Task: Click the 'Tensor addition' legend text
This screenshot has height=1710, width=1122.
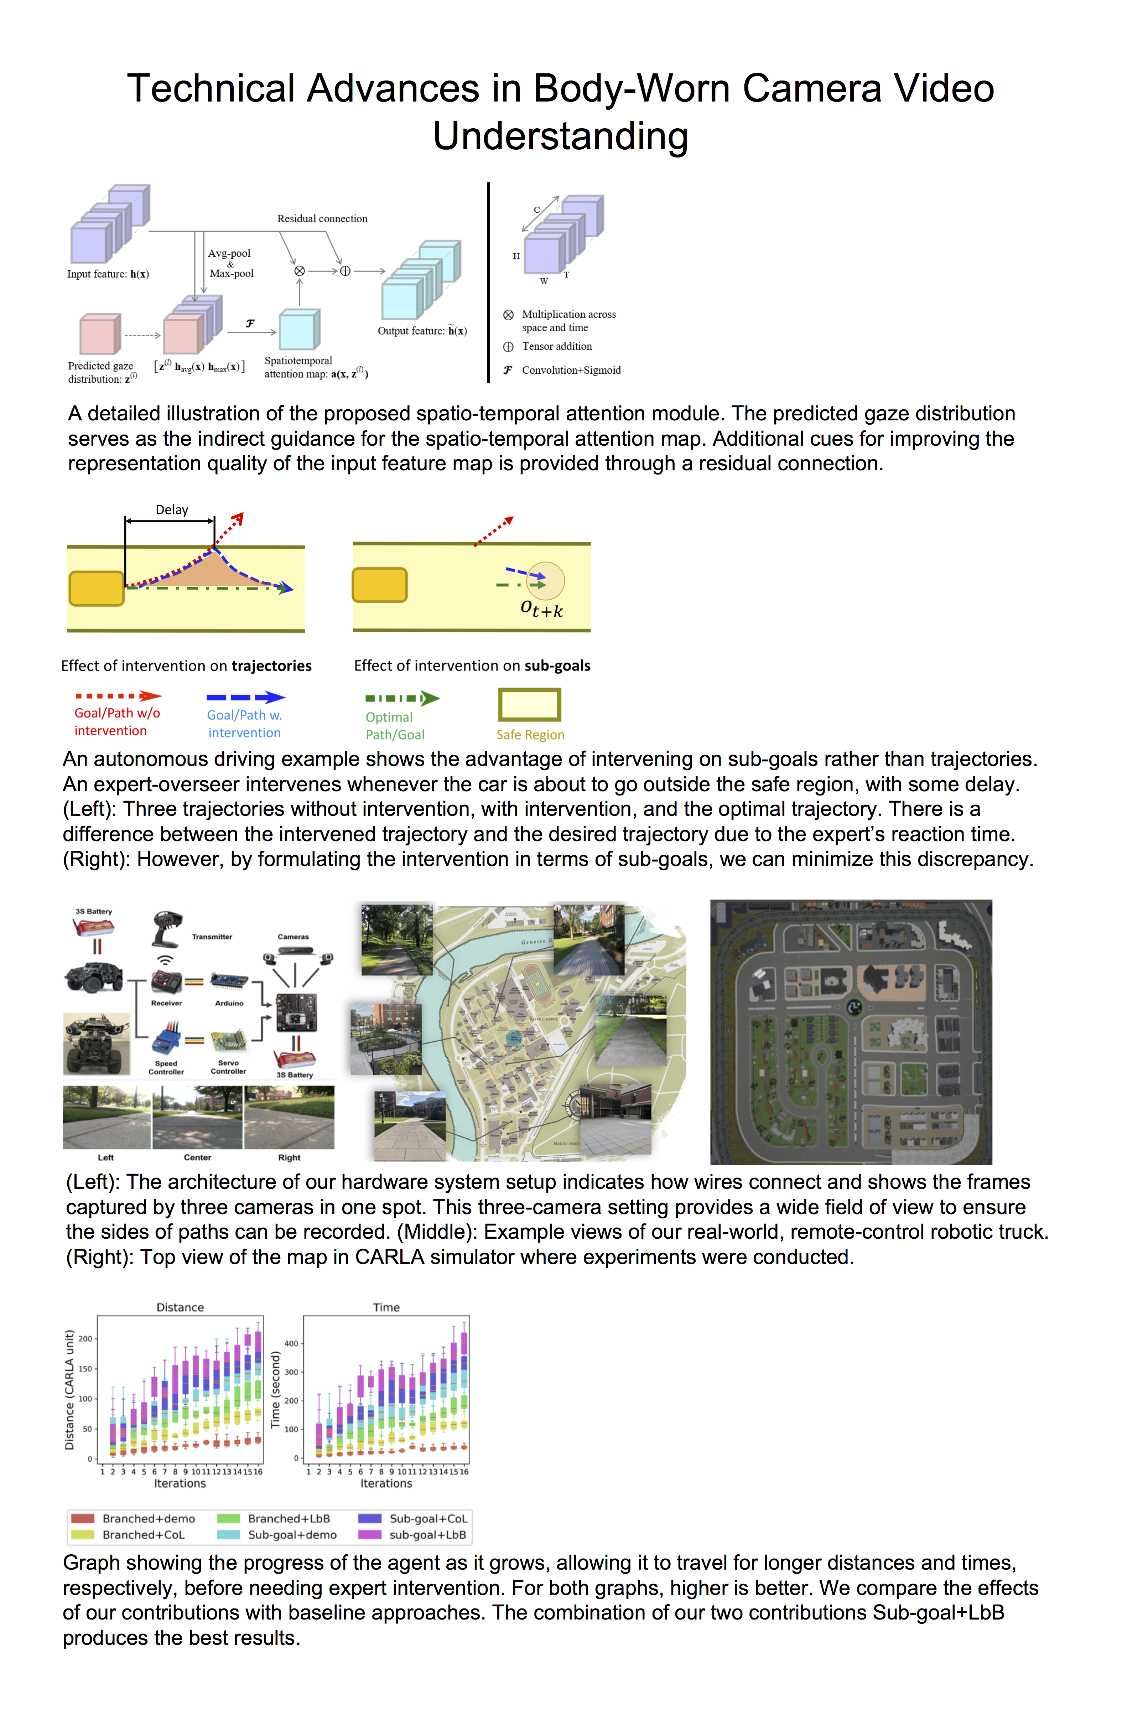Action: coord(557,346)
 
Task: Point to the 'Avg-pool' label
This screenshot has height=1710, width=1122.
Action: coord(229,254)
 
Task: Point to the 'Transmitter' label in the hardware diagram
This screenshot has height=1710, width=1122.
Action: coord(212,937)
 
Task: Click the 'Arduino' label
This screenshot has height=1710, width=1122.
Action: coord(229,1003)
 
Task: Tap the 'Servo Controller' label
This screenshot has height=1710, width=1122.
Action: coord(228,1067)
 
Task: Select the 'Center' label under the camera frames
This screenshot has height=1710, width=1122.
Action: coord(198,1157)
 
